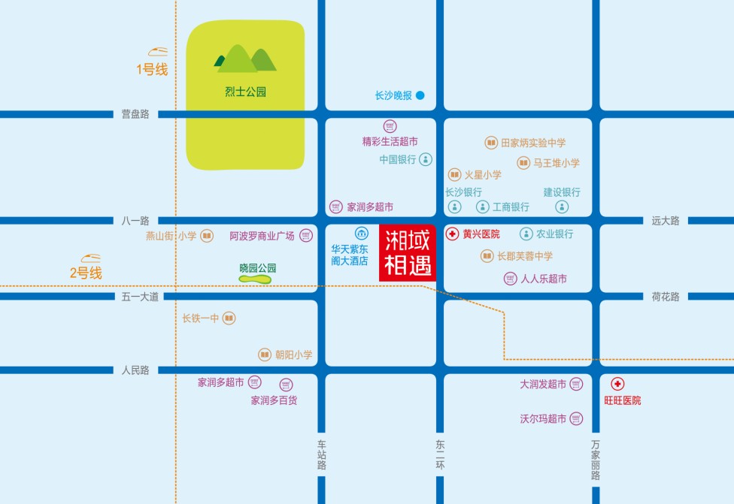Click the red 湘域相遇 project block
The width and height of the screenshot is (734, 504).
coord(408,254)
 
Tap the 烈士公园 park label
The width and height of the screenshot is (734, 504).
coord(246,93)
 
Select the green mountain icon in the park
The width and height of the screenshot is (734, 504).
coord(246,58)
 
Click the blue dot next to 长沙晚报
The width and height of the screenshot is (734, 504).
coord(420,95)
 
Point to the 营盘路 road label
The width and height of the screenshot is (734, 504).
coord(135,114)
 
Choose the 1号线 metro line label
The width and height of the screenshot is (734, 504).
coord(151,70)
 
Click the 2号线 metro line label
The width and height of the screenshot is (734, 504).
coord(86,273)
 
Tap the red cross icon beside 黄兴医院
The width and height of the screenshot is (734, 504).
coord(453,234)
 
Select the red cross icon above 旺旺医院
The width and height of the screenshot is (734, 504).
coord(617,384)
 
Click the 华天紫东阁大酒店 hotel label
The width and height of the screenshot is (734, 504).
coord(350,255)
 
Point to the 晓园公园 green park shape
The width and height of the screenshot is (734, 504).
coord(255,279)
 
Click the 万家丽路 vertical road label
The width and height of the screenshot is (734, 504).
coord(596,460)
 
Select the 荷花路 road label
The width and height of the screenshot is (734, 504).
coord(665,297)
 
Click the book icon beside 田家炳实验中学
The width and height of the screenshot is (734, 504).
coord(491,143)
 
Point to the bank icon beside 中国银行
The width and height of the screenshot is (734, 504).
coord(426,159)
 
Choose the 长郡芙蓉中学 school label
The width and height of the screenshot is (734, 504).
coord(525,256)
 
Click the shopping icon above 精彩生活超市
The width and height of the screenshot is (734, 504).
coord(390,126)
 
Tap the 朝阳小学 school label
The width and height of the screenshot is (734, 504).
coord(293,355)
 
